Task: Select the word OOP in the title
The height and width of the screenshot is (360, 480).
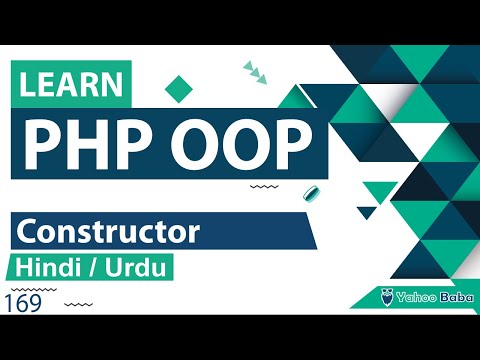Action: pos(227,144)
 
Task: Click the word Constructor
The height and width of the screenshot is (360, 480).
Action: pos(107,233)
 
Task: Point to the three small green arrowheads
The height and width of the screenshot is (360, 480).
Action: pos(254,71)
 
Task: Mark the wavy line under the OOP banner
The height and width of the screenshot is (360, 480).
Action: pos(263,187)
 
